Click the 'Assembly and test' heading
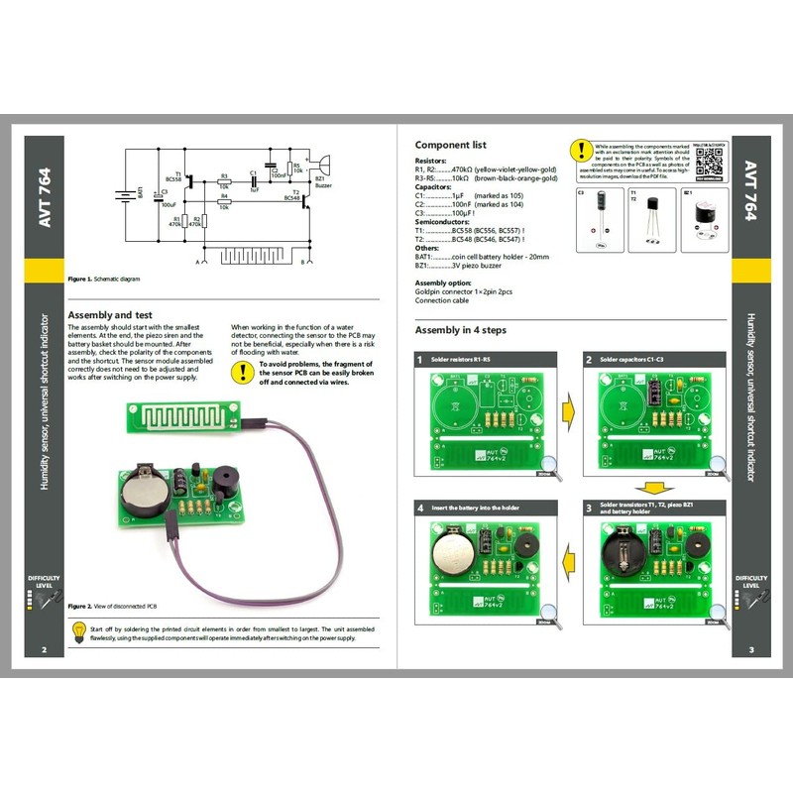[x=109, y=314]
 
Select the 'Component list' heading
[x=450, y=145]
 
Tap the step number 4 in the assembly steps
[x=420, y=508]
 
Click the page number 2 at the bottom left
[x=44, y=650]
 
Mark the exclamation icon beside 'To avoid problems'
[x=242, y=372]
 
